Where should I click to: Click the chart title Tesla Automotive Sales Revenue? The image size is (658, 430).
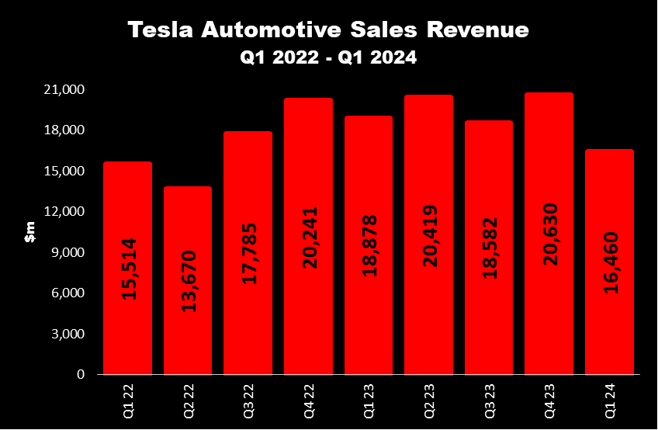329,30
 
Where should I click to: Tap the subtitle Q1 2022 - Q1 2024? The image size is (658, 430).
329,57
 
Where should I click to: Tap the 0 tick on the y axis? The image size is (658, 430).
81,375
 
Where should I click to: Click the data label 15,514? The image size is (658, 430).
128,268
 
